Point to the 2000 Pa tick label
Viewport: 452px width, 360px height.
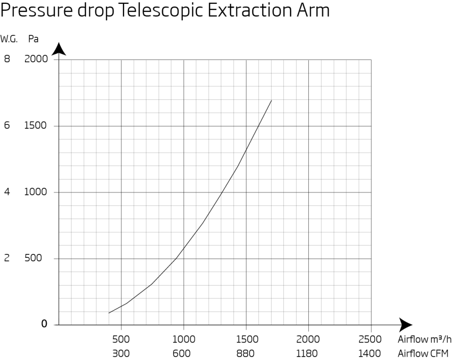coord(36,59)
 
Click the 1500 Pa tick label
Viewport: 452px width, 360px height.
coord(36,126)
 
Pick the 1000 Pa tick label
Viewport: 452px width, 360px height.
coord(36,192)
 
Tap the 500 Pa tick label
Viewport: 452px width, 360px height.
coord(33,258)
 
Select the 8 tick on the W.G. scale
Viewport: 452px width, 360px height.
coord(7,59)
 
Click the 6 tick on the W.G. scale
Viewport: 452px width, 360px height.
coord(7,126)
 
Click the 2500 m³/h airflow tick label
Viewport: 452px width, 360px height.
coord(371,340)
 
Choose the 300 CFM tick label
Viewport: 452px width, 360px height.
coord(121,353)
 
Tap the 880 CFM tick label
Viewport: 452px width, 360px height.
coord(246,353)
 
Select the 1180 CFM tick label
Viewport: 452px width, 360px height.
coord(308,353)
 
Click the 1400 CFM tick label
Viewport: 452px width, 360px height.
coord(371,353)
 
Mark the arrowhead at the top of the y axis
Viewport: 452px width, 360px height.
coord(58,49)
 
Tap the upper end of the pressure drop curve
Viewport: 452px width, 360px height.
coord(271,100)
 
